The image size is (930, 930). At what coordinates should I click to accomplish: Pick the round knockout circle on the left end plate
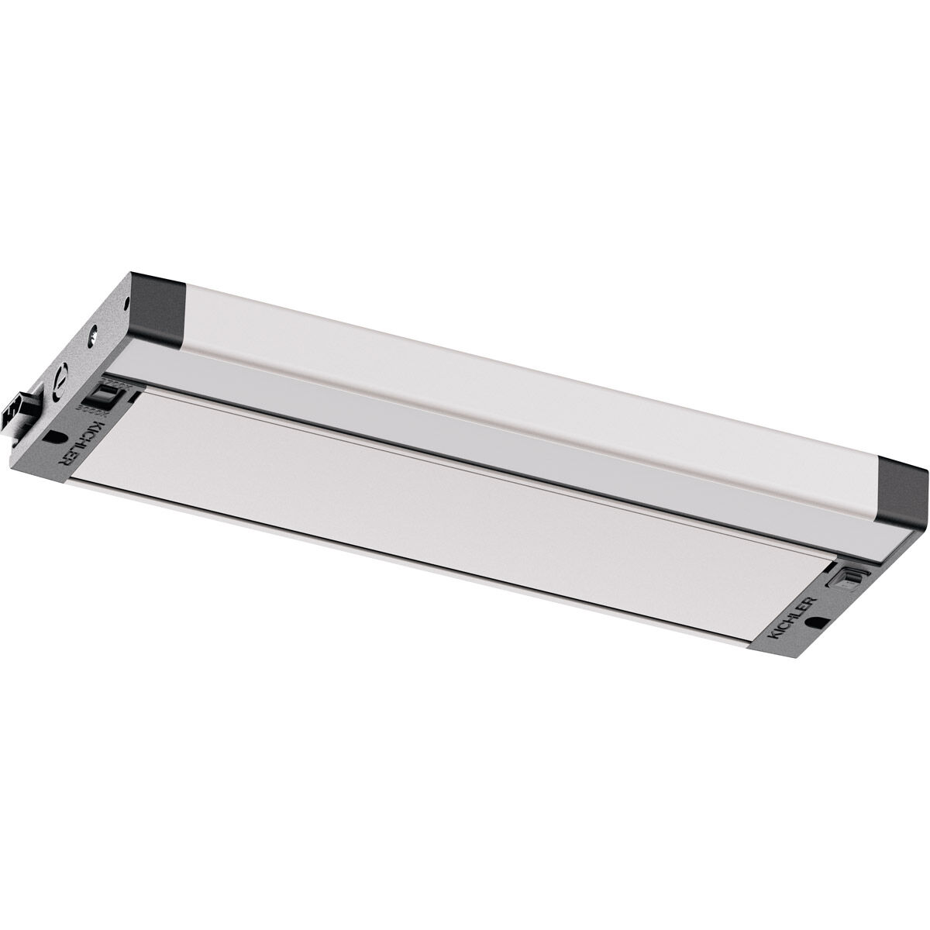[60, 383]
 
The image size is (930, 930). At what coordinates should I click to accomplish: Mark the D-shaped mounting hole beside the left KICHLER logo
[54, 436]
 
